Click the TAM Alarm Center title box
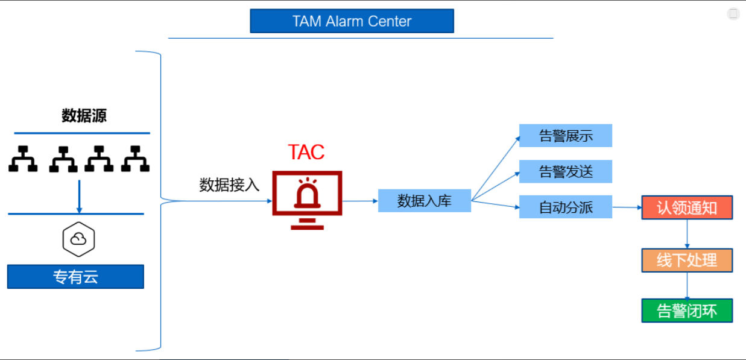click(352, 21)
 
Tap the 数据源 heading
click(84, 116)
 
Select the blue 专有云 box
click(75, 276)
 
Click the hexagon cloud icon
click(78, 239)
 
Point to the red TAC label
click(306, 152)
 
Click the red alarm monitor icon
click(307, 200)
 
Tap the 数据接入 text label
click(229, 185)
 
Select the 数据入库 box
click(425, 200)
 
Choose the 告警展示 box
click(566, 136)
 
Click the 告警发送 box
click(566, 171)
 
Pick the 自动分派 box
click(566, 207)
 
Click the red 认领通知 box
click(687, 207)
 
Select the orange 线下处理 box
click(687, 260)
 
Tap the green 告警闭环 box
click(687, 311)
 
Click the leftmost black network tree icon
click(23, 159)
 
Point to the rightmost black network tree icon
click(135, 159)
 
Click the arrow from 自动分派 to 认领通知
click(627, 207)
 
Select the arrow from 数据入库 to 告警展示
click(496, 168)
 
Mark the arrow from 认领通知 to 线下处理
click(687, 234)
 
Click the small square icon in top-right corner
click(733, 14)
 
